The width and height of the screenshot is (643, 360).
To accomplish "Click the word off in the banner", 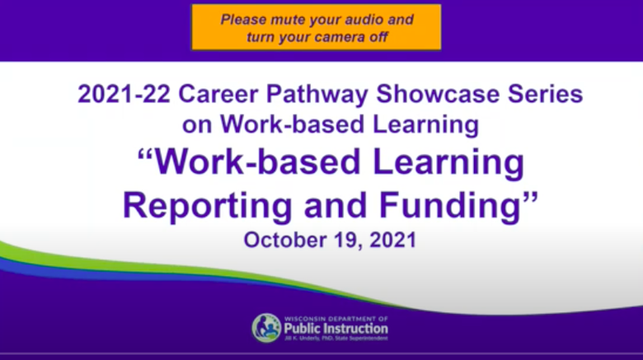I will tap(377, 37).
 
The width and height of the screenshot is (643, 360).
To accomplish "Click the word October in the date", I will tap(284, 240).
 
